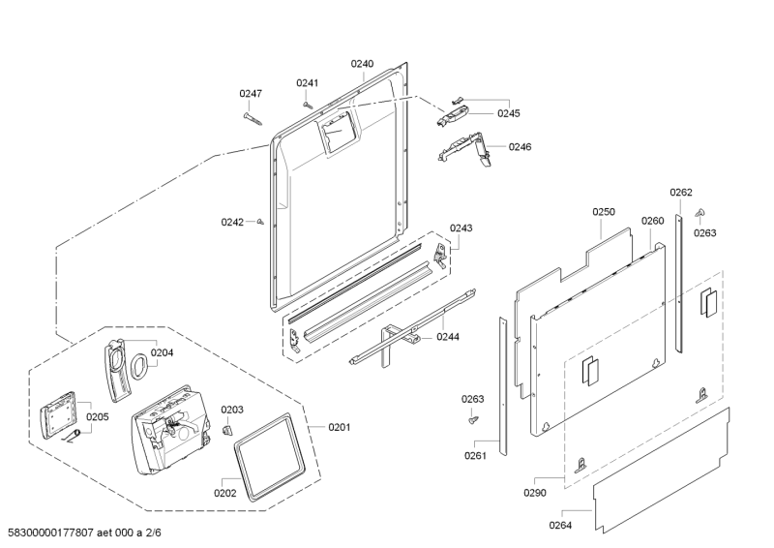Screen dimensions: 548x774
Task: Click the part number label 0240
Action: click(362, 64)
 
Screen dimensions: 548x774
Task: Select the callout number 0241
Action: click(307, 83)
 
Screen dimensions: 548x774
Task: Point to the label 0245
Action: click(509, 113)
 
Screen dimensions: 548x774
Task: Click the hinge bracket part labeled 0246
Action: click(465, 149)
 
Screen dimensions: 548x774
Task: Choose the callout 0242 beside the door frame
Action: click(232, 223)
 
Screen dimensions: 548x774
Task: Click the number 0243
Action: click(461, 228)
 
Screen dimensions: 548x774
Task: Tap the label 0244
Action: click(447, 337)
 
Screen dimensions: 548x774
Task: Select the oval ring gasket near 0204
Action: click(141, 364)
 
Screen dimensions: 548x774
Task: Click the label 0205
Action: click(98, 417)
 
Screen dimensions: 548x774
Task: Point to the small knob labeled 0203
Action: click(228, 429)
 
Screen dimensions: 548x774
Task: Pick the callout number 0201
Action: click(340, 427)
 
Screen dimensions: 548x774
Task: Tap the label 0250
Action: click(604, 212)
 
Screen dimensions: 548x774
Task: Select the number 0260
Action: click(652, 221)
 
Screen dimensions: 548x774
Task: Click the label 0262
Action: click(681, 193)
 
